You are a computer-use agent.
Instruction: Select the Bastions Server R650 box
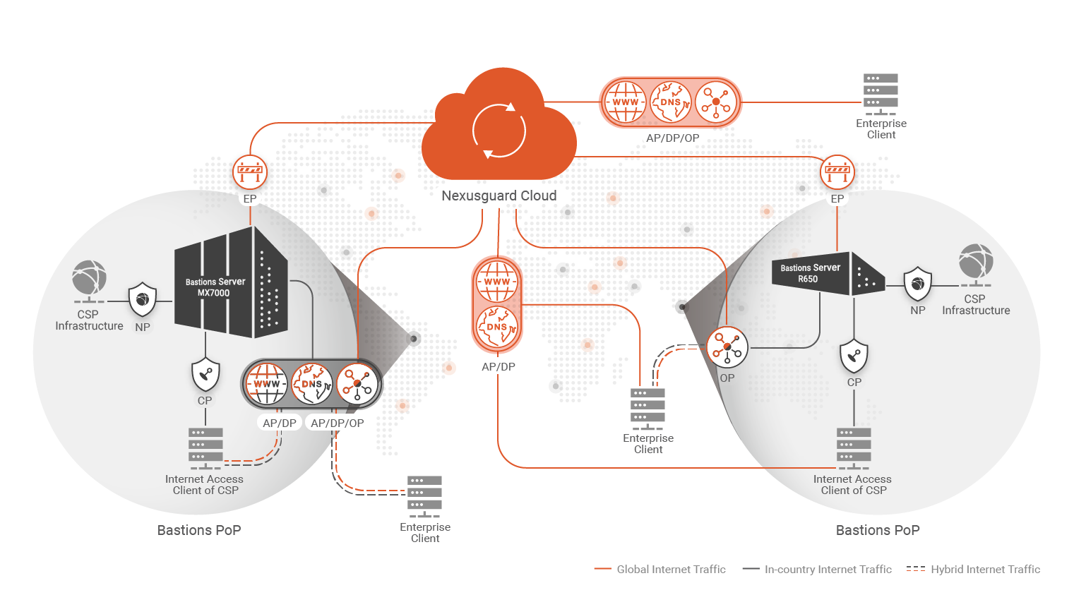tap(826, 274)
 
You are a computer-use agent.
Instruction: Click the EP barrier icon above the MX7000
tap(250, 172)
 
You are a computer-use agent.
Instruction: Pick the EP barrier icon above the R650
tap(837, 172)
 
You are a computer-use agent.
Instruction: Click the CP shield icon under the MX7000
tap(205, 374)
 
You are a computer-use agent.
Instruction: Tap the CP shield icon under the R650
tap(854, 356)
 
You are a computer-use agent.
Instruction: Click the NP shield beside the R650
tap(917, 284)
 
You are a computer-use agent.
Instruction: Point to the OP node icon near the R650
tap(727, 347)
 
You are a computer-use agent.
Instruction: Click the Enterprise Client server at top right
tap(881, 94)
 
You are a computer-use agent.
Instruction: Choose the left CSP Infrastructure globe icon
tap(89, 278)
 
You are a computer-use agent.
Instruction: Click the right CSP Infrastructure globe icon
tap(976, 262)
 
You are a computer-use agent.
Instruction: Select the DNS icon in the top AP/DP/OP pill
tap(670, 102)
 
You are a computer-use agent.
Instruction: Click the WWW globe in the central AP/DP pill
tap(497, 281)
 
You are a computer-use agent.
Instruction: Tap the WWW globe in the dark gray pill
tap(266, 384)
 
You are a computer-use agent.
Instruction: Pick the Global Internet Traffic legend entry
tap(660, 569)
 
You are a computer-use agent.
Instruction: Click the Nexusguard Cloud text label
tap(499, 196)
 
